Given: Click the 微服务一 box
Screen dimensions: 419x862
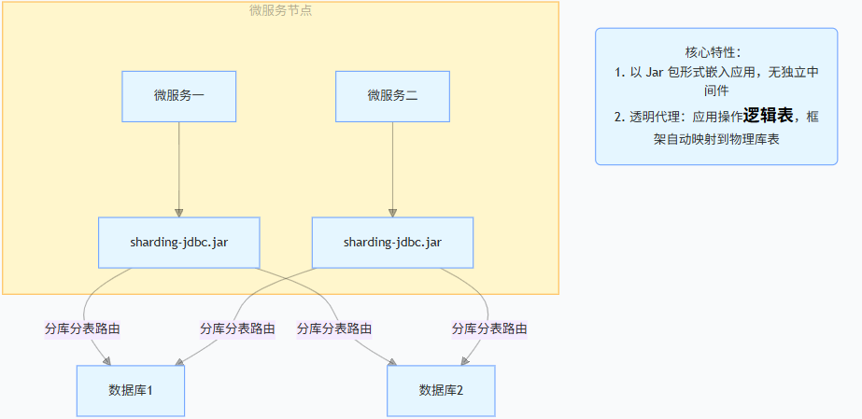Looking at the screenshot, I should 178,96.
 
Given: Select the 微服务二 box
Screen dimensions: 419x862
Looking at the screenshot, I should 392,96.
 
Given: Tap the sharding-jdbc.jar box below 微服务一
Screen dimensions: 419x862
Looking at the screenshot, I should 178,242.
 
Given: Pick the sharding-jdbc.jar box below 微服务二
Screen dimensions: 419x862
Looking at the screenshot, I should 392,242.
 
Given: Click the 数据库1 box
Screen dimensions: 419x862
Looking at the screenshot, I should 130,389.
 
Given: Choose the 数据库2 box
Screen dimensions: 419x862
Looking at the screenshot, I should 441,389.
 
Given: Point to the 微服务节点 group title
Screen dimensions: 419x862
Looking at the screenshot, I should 281,11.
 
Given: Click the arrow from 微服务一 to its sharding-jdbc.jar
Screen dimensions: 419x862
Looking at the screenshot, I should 178,168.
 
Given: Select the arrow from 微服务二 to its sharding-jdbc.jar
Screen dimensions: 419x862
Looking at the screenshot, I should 392,168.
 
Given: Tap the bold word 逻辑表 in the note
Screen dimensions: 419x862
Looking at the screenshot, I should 768,115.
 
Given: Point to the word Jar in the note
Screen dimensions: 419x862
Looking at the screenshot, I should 659,72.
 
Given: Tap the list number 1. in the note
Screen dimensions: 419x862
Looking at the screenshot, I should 619,72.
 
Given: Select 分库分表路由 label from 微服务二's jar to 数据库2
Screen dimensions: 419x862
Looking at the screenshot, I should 489,328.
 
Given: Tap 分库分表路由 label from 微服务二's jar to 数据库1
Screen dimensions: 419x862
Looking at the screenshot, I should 237,328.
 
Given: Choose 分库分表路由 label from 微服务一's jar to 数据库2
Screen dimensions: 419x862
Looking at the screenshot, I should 334,328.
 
